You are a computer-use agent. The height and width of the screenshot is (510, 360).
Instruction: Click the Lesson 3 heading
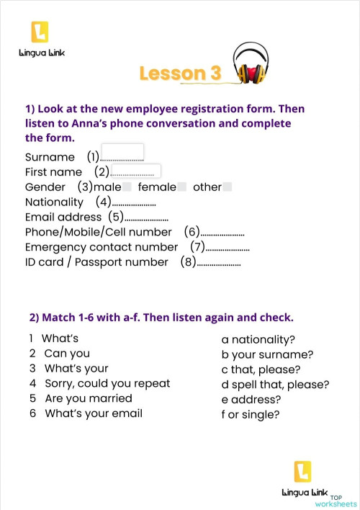[180, 73]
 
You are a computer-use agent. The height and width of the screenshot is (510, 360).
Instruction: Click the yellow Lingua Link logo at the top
[40, 33]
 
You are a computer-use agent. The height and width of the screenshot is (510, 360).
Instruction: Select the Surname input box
[122, 153]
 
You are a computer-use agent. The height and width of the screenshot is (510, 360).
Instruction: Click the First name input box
[135, 171]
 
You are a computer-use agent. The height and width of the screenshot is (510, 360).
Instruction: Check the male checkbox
[127, 187]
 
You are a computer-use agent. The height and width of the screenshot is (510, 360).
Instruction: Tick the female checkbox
[182, 187]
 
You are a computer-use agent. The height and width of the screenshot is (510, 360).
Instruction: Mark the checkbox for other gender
[228, 187]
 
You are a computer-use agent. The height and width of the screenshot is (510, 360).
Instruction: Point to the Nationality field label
[54, 202]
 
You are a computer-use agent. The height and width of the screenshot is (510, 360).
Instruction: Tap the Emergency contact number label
[101, 247]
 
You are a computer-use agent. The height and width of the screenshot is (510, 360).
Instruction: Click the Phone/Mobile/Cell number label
[98, 232]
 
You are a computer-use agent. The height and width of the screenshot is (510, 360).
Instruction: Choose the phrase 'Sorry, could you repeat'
[107, 383]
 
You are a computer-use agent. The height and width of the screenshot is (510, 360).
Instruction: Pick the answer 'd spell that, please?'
[275, 384]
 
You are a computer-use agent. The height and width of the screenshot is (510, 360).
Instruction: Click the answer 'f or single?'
[251, 414]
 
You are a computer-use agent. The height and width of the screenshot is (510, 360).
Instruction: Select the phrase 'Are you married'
[88, 398]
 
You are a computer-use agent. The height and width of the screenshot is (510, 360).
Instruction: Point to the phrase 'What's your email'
[93, 413]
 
